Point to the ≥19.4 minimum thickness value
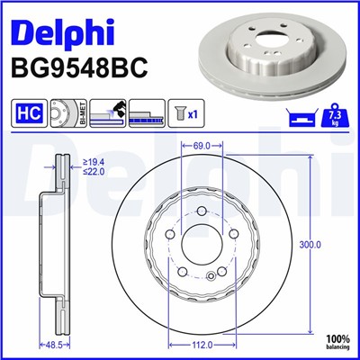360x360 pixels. [x=95, y=162]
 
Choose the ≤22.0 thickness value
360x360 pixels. [x=95, y=172]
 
